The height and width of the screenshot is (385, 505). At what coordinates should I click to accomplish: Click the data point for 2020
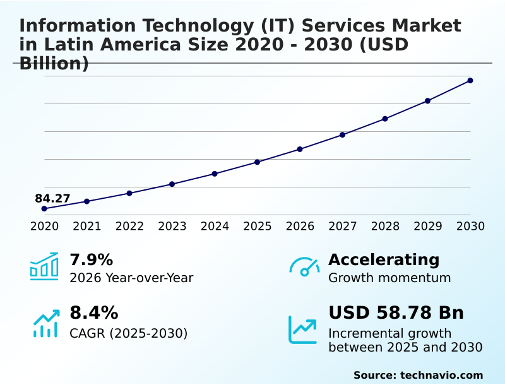[44, 208]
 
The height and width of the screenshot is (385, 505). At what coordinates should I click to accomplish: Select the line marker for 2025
[257, 162]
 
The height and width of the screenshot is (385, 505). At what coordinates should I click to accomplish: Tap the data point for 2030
[470, 80]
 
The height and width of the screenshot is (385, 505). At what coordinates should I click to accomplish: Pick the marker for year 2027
[342, 134]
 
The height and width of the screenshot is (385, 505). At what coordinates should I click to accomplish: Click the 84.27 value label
[52, 198]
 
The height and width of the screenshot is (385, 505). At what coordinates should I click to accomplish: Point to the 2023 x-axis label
[172, 226]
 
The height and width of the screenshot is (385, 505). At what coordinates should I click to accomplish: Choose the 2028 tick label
[385, 226]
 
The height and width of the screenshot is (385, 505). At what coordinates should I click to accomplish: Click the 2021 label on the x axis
[86, 226]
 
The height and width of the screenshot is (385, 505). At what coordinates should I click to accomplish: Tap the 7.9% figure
[91, 259]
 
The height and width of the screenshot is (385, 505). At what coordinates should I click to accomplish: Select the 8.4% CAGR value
[93, 312]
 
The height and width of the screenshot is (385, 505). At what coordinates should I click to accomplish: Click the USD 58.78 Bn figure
[396, 312]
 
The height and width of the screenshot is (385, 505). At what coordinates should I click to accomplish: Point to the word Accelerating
[384, 259]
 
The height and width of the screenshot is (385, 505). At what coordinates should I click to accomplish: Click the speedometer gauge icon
[304, 266]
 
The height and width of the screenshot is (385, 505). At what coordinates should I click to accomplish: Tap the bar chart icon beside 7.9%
[44, 266]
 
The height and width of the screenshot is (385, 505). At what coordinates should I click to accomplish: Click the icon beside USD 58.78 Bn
[303, 329]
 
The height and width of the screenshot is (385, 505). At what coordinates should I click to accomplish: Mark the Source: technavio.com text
[418, 375]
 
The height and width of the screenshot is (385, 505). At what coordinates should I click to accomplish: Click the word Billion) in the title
[54, 63]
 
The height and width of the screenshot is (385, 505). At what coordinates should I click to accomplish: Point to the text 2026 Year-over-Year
[131, 278]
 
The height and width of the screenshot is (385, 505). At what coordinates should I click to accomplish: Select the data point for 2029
[427, 100]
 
